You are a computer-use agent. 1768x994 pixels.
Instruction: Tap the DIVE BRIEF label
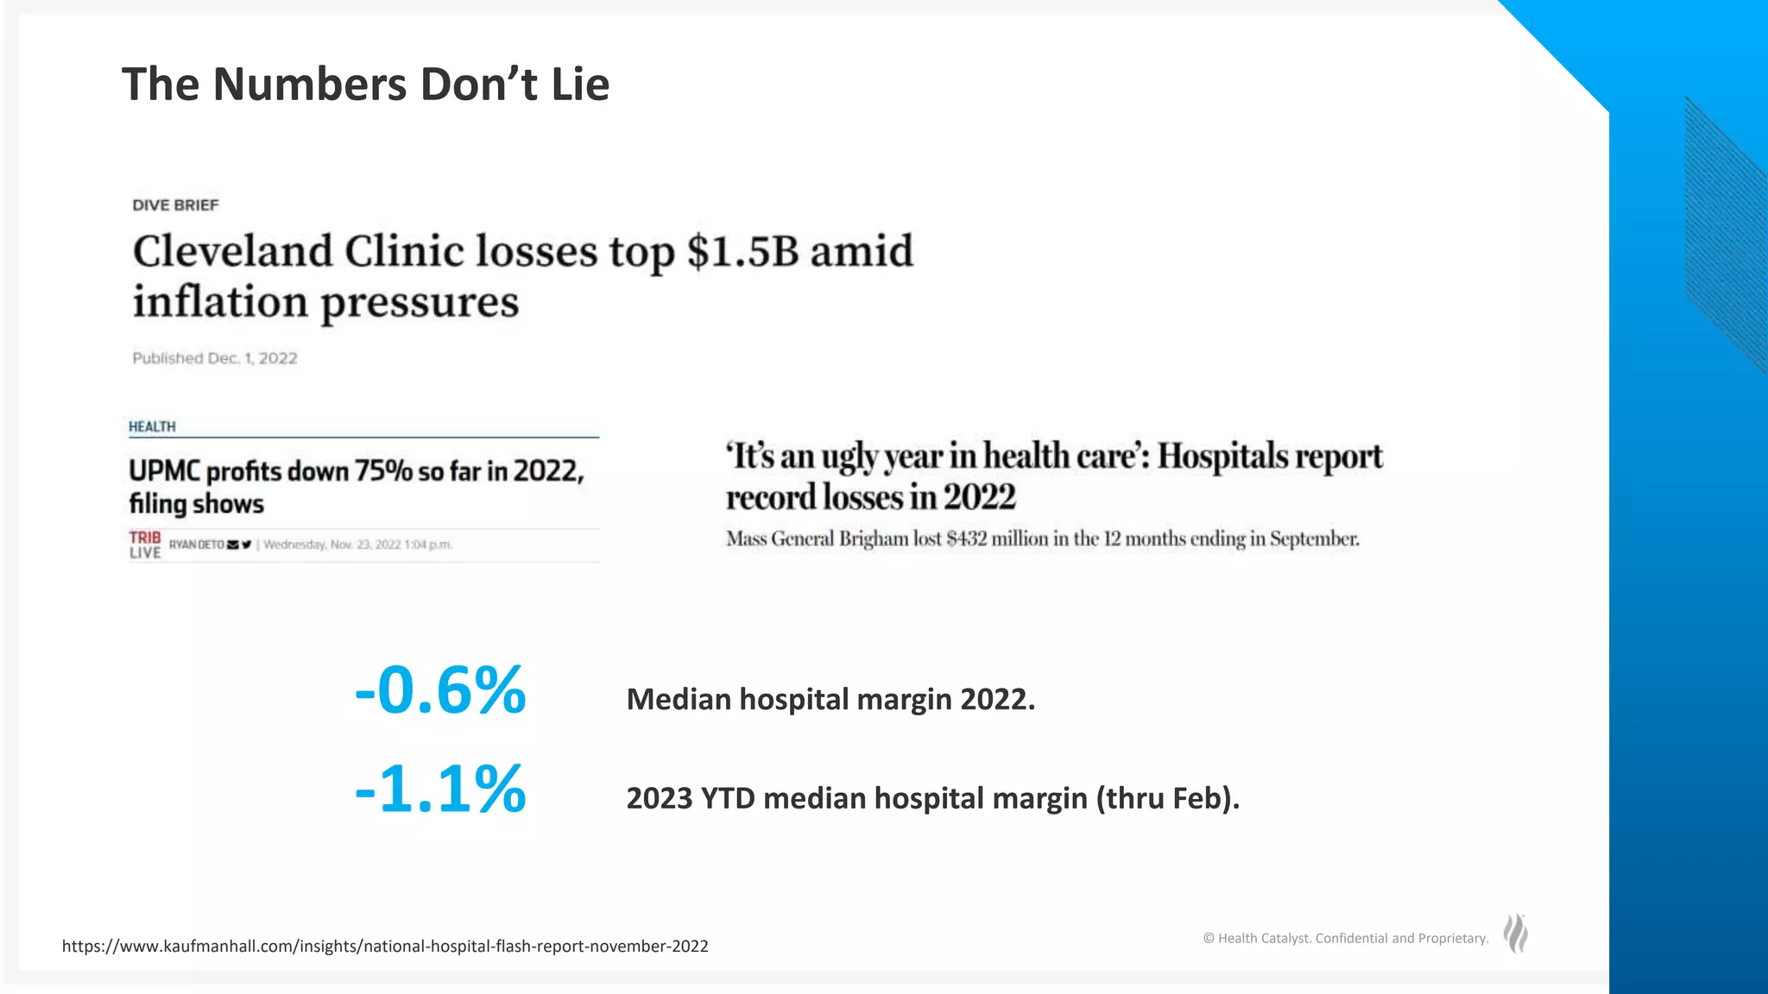point(175,205)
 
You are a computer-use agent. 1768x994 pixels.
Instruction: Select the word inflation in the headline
point(220,302)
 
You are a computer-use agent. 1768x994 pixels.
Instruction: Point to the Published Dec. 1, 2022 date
point(214,358)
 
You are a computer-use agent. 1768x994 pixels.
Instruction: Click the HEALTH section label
point(152,427)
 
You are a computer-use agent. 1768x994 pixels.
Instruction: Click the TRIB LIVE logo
point(145,544)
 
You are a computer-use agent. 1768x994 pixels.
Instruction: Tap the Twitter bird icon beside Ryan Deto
point(247,544)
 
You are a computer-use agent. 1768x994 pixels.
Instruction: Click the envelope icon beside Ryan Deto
point(233,544)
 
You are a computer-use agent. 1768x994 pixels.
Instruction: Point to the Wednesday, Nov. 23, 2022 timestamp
point(357,544)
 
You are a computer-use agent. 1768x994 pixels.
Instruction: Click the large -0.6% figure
point(440,690)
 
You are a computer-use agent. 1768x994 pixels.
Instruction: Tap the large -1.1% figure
point(440,789)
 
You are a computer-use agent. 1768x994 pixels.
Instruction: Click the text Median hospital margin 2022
point(830,699)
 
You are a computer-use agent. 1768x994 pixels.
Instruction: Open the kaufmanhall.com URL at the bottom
point(385,947)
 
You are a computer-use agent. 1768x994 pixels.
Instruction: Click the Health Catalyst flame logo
point(1516,934)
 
